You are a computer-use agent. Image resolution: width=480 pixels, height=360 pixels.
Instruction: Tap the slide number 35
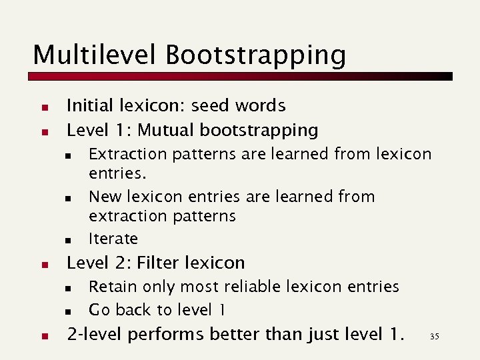(435, 336)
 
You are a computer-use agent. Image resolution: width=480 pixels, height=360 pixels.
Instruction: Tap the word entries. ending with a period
(117, 174)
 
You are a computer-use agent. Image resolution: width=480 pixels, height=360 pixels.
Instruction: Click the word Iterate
(113, 239)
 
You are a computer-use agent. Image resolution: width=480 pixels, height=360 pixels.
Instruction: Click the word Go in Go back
(99, 310)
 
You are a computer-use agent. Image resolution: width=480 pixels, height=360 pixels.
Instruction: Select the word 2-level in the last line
(97, 334)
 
